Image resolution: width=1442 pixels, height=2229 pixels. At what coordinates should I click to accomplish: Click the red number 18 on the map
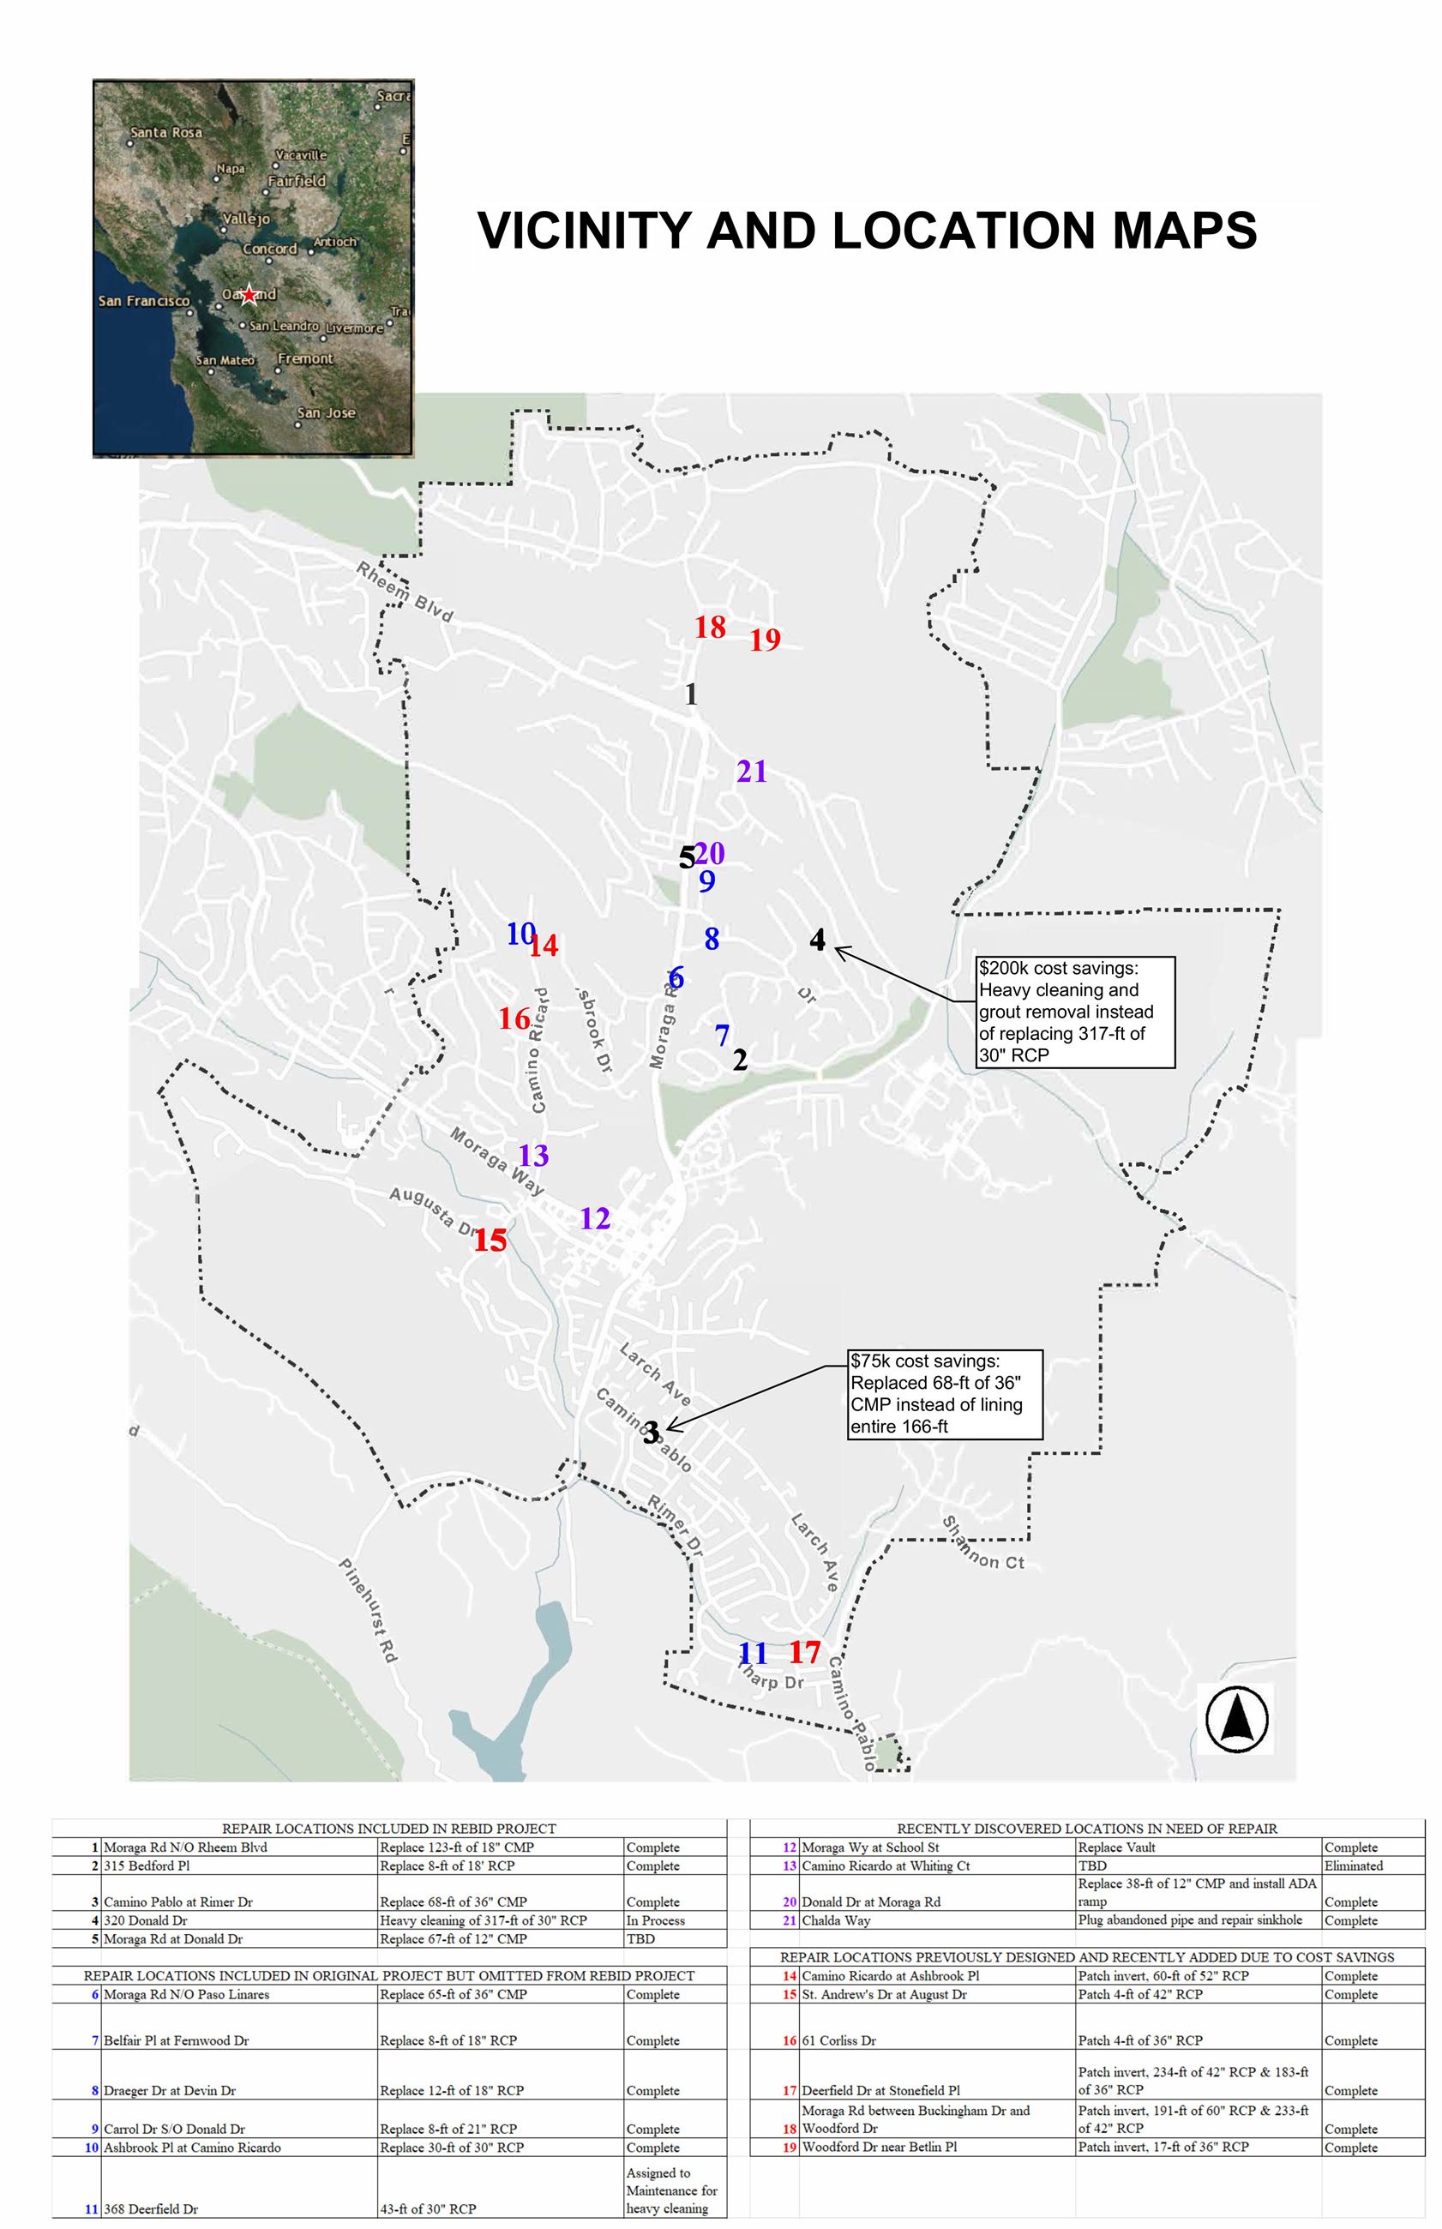click(710, 628)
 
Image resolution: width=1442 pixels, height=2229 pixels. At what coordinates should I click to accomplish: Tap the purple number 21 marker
click(752, 772)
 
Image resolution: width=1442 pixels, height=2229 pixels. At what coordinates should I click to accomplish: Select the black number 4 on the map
click(817, 939)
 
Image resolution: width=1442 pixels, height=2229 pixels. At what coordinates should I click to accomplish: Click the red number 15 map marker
click(490, 1241)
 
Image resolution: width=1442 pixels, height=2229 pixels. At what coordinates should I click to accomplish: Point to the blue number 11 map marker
click(753, 1653)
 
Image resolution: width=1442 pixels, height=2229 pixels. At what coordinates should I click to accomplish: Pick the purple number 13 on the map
click(534, 1157)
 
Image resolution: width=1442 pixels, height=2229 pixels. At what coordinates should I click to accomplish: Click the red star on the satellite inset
click(248, 296)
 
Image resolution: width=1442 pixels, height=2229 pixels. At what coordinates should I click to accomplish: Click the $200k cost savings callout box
click(1075, 1011)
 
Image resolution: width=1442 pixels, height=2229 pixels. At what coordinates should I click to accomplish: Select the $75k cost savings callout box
click(944, 1394)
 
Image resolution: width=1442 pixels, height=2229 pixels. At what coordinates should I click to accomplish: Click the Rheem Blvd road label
click(405, 592)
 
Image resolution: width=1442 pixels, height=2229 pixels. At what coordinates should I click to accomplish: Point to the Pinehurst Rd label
click(368, 1611)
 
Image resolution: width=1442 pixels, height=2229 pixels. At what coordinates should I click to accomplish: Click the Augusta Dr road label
click(434, 1211)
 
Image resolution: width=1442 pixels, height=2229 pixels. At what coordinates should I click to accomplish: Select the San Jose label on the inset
click(326, 413)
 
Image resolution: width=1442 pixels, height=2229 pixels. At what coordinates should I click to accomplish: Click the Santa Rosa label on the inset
click(165, 133)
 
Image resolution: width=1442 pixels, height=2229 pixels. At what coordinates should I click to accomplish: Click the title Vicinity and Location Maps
click(866, 231)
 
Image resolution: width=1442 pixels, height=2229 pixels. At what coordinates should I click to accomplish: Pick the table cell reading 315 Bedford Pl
click(147, 1866)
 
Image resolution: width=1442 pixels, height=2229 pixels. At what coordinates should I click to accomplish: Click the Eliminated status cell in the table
click(1353, 1866)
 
